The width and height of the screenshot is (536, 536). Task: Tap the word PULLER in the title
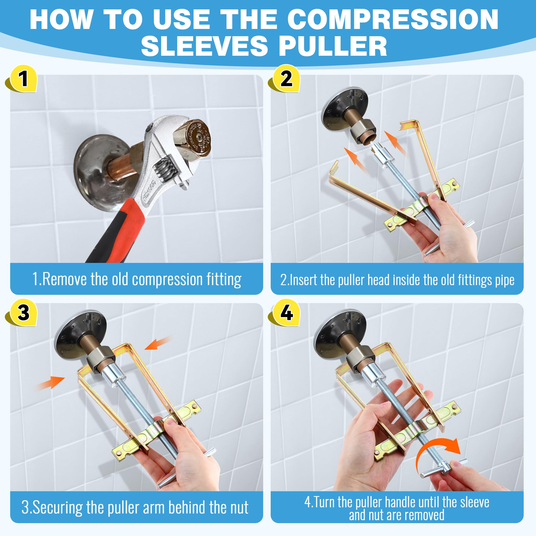tap(333, 46)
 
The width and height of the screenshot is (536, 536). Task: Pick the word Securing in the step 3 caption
tap(54, 507)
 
